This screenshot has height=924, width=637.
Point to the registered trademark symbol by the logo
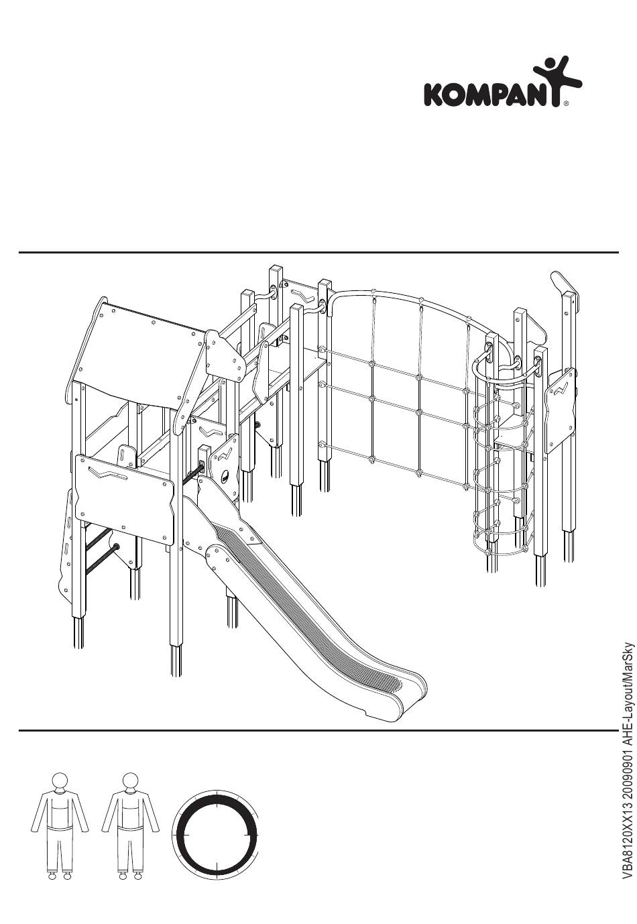click(567, 104)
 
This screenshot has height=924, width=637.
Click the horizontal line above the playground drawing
click(318, 253)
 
